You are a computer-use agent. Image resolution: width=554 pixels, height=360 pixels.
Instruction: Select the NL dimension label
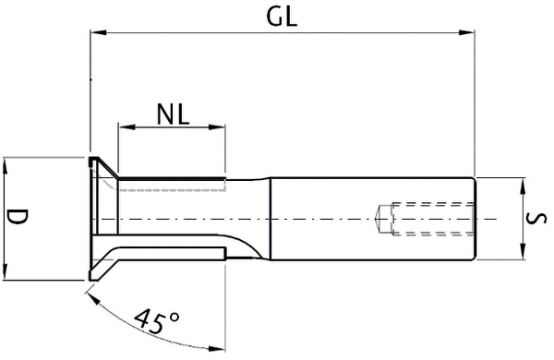(172, 114)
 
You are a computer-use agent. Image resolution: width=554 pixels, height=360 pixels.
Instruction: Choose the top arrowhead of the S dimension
(524, 184)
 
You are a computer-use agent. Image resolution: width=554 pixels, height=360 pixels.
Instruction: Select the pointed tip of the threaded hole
(379, 219)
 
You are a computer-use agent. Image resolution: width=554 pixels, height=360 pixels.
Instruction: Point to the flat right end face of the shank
(475, 219)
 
